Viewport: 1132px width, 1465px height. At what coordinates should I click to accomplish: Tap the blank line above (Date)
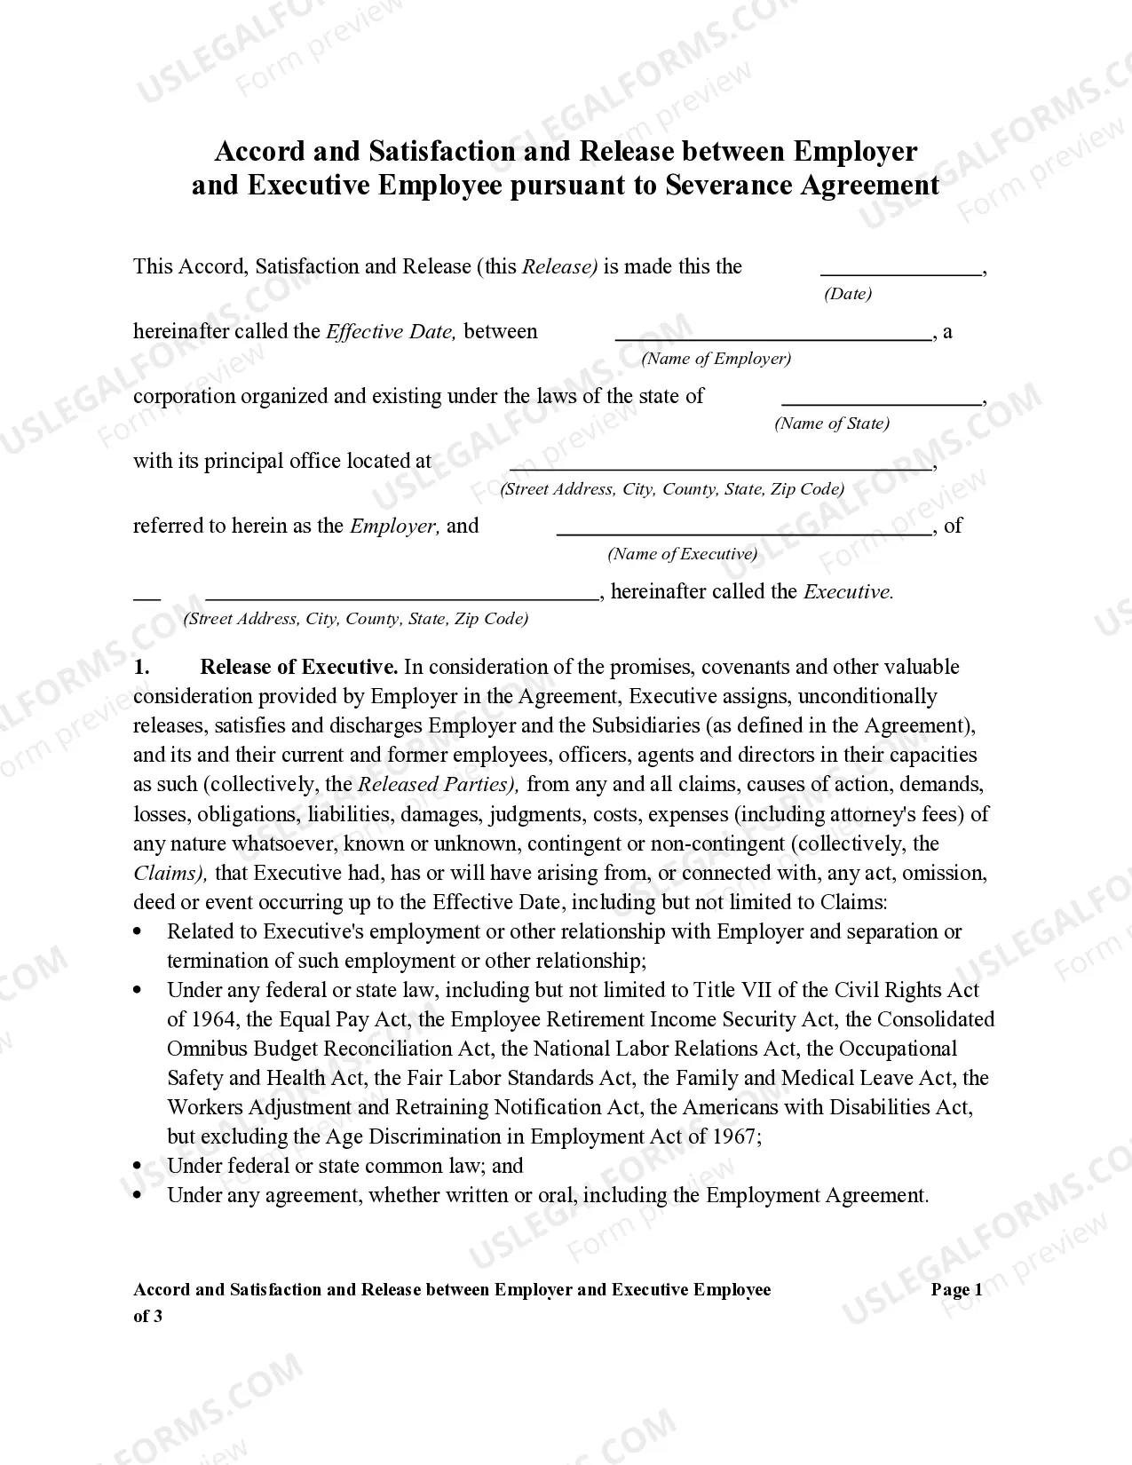point(900,275)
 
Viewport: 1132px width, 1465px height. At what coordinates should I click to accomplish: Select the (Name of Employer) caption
point(716,359)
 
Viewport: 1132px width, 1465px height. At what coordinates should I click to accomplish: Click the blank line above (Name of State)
point(881,404)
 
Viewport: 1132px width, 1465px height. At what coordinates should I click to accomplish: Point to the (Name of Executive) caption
point(682,554)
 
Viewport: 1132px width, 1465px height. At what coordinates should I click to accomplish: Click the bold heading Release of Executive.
point(298,667)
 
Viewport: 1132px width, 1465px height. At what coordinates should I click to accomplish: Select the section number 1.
point(141,667)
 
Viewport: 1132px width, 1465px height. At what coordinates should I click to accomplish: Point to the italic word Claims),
point(170,873)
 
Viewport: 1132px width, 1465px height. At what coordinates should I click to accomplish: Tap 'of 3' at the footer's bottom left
point(147,1317)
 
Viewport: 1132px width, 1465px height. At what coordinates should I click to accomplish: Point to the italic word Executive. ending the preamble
point(848,592)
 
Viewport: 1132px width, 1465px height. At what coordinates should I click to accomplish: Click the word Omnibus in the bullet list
point(207,1049)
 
